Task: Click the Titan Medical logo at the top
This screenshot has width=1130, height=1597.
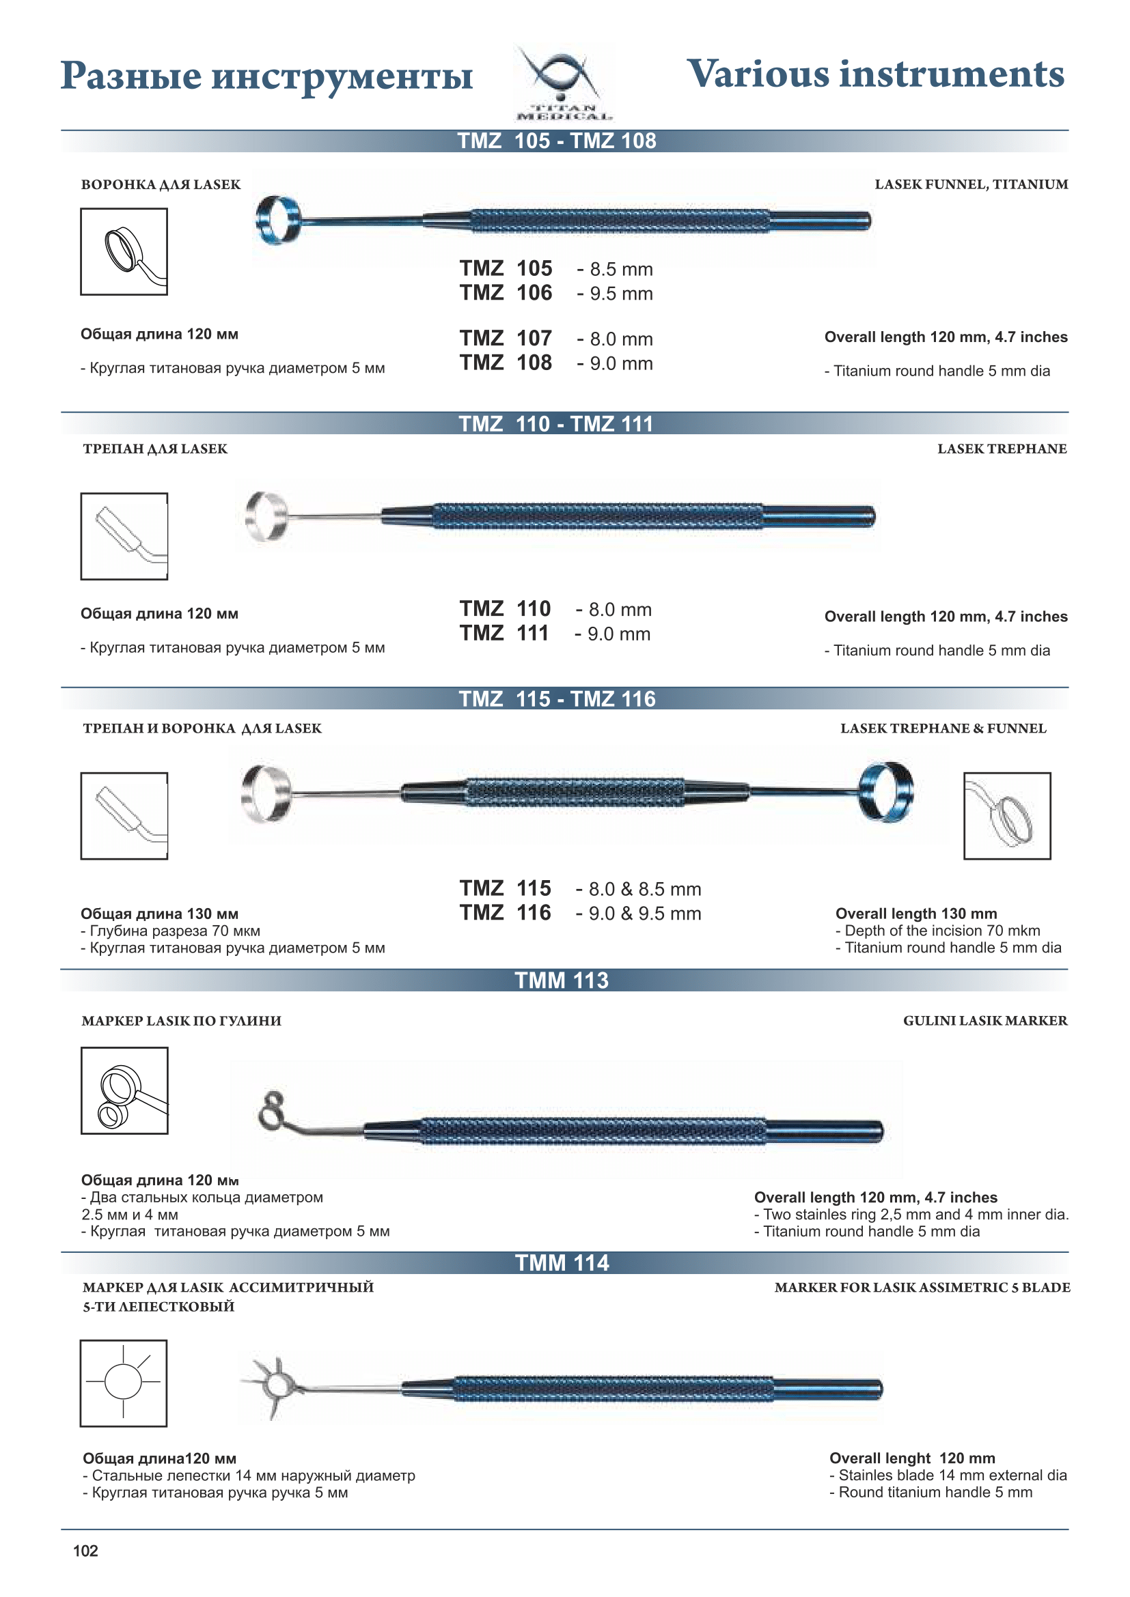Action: (x=564, y=82)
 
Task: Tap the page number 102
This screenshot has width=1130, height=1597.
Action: (x=85, y=1551)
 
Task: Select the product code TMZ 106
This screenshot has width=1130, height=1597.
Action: (x=506, y=293)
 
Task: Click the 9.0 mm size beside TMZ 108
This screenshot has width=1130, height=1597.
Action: (x=615, y=363)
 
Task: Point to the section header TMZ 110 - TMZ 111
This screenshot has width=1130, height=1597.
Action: (x=556, y=423)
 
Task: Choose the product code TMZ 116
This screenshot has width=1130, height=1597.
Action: (x=505, y=913)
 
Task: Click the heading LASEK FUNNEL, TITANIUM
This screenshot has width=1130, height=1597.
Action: (x=971, y=184)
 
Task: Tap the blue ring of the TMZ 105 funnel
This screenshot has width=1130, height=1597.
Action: (x=278, y=220)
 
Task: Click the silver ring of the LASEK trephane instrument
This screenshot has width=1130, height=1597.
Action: (x=266, y=516)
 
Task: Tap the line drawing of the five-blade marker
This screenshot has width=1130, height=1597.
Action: (x=124, y=1383)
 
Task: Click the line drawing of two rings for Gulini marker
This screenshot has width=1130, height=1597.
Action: (x=124, y=1090)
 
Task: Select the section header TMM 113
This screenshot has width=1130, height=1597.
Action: (x=562, y=980)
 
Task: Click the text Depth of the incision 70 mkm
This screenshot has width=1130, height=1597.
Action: (x=937, y=931)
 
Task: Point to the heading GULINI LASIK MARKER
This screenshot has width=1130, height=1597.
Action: (x=984, y=1020)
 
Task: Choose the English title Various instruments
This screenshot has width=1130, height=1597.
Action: (x=875, y=74)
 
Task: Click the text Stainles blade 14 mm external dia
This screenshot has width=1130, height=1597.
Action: (x=948, y=1475)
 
